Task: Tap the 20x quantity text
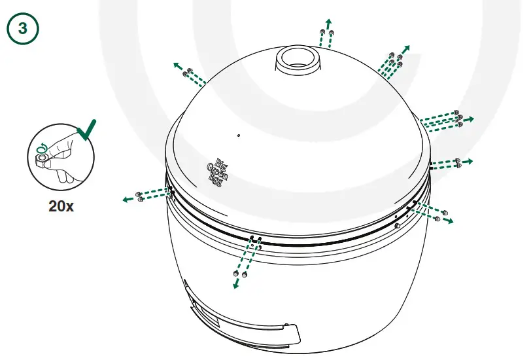tap(61, 206)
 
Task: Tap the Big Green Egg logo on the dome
tap(216, 171)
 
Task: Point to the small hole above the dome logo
tap(239, 136)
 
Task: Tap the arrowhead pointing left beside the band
tap(124, 200)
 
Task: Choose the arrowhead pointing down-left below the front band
tap(235, 285)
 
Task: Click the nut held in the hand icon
tap(42, 158)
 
